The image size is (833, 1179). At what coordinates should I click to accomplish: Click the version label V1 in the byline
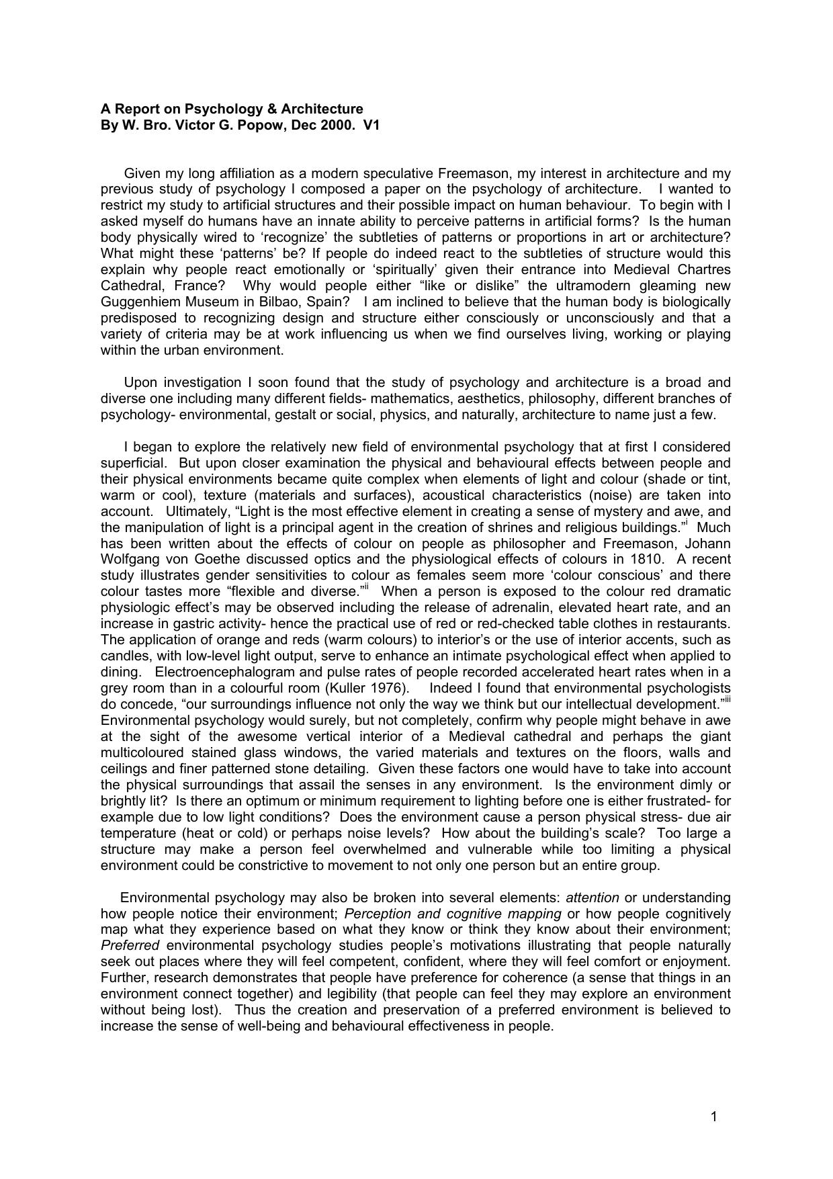(x=371, y=125)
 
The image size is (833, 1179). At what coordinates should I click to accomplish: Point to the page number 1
(x=713, y=1117)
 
